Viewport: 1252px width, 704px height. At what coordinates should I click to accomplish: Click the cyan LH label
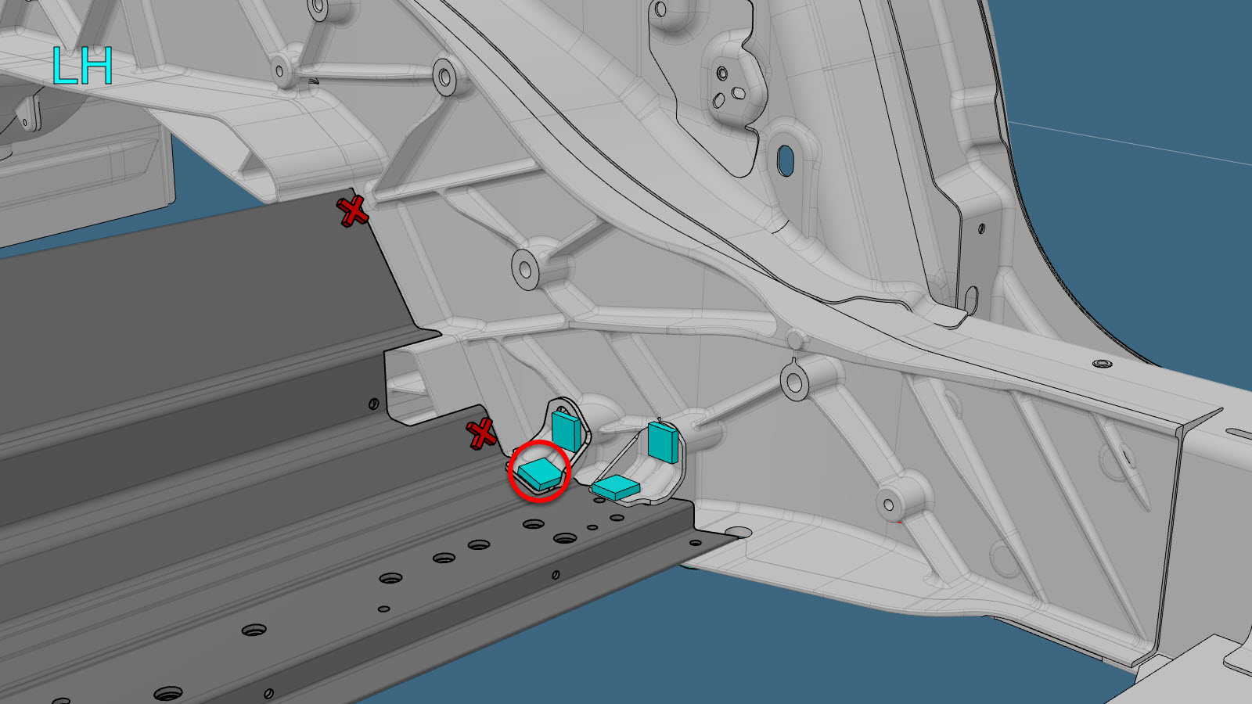tap(82, 66)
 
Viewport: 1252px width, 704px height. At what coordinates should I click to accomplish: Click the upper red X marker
tap(352, 211)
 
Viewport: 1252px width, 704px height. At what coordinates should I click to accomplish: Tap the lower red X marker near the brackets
tap(480, 433)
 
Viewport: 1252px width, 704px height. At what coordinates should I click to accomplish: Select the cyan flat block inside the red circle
tap(539, 473)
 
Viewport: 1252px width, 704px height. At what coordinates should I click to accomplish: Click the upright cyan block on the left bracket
tap(567, 431)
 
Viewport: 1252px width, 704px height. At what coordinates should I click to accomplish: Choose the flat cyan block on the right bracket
tap(615, 487)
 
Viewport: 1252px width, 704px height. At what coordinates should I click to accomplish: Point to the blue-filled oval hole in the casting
tap(786, 160)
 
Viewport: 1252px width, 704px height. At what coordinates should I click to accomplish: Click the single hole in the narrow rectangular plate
tap(981, 228)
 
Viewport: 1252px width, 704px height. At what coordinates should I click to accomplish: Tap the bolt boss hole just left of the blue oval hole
tap(722, 74)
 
